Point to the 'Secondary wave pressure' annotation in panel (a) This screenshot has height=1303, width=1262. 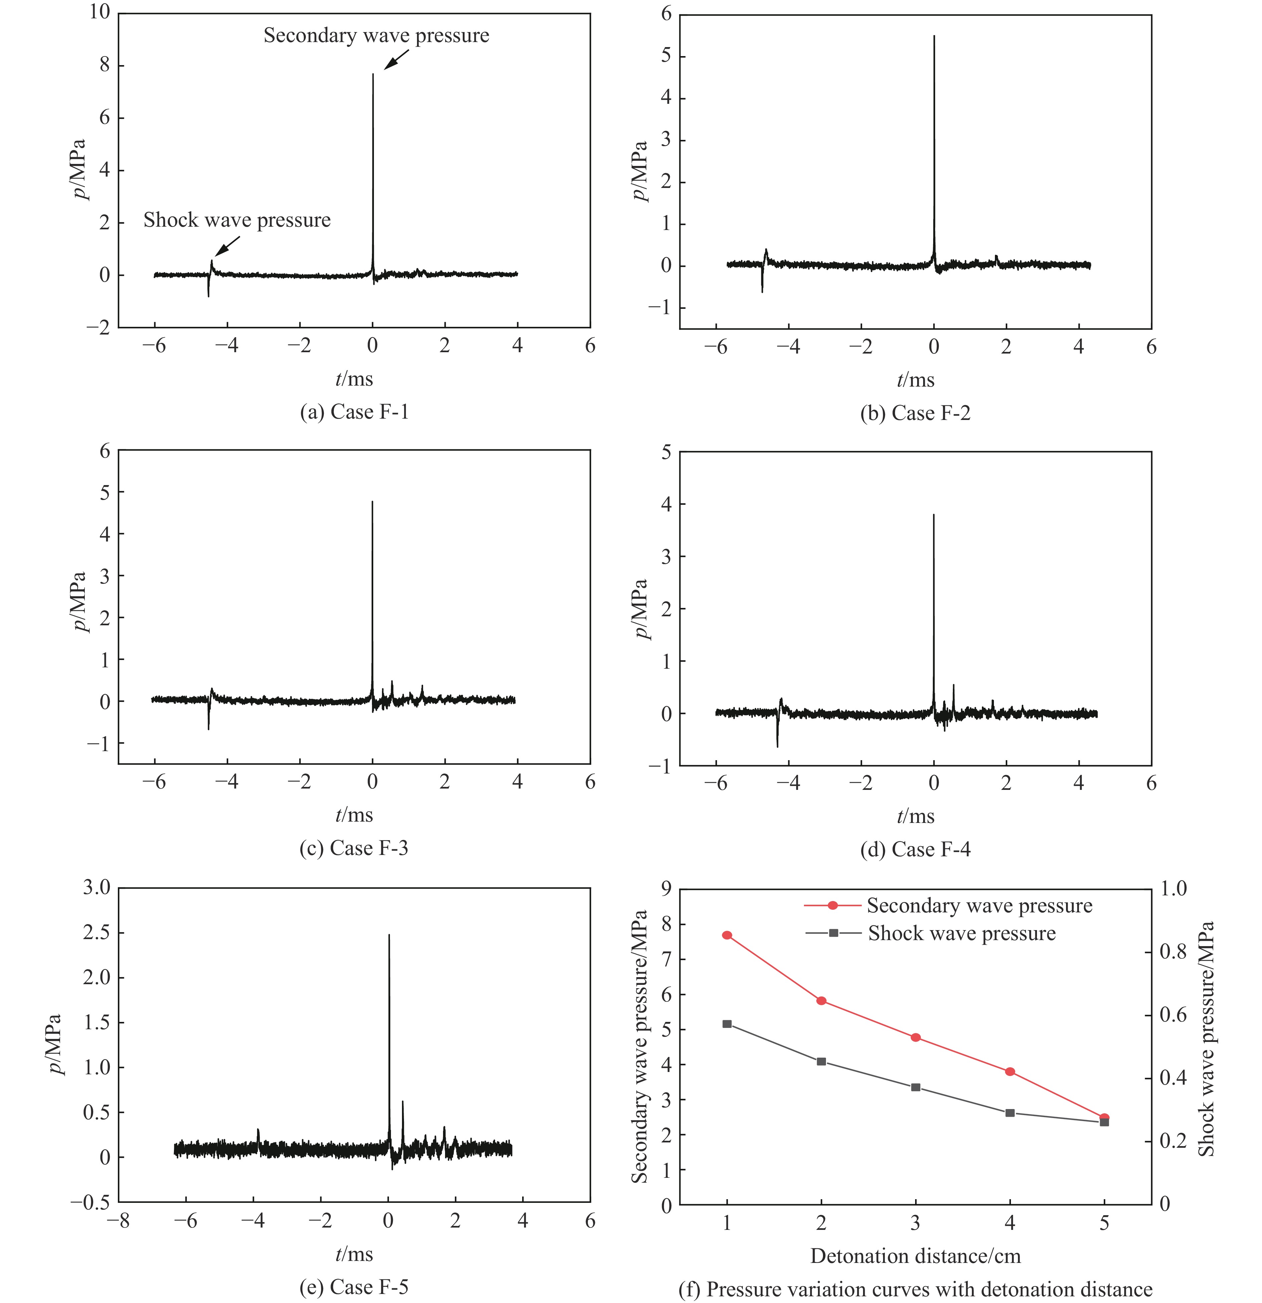click(x=376, y=35)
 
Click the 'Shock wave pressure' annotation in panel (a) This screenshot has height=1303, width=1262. click(x=237, y=220)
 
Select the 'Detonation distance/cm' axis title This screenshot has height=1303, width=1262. click(x=915, y=1256)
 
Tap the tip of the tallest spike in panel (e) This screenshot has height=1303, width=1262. click(x=389, y=935)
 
